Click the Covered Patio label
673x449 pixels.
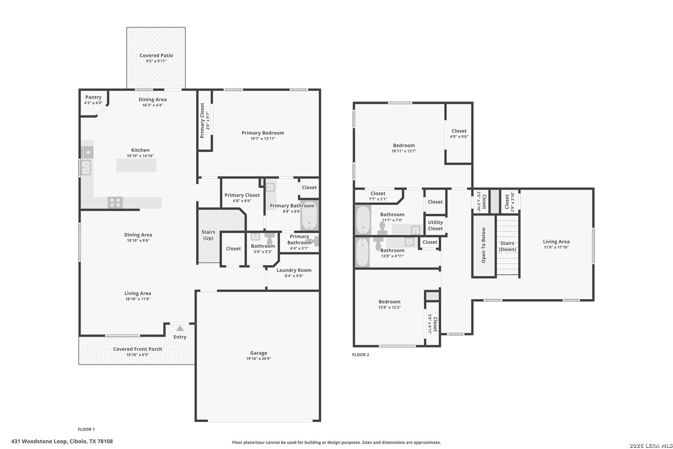(x=156, y=55)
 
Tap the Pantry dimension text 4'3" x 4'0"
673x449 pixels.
(x=93, y=103)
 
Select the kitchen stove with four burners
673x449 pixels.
(x=115, y=202)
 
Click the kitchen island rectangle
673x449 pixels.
(x=136, y=165)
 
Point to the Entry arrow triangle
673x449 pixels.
(x=179, y=328)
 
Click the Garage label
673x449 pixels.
(x=259, y=353)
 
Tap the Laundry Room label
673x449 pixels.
(x=294, y=270)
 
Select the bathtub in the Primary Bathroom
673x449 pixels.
(x=309, y=215)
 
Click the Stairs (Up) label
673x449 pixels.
(x=208, y=235)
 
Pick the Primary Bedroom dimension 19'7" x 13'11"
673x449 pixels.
(x=263, y=138)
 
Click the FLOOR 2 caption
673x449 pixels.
(x=361, y=355)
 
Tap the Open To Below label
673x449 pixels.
(x=484, y=245)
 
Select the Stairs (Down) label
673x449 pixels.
(x=508, y=246)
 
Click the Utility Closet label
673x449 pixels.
(x=435, y=225)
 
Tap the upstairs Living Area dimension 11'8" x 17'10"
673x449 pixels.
(x=556, y=247)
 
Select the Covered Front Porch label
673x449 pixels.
(x=138, y=349)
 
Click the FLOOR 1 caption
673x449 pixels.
(x=86, y=429)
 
